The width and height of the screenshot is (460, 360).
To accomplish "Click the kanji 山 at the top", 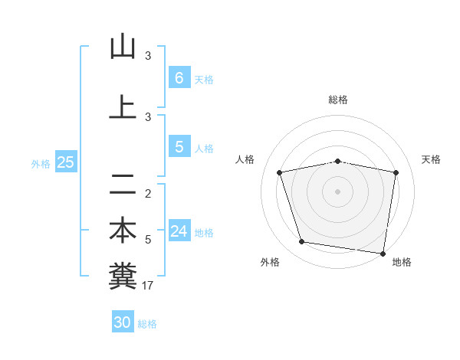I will pos(123,47).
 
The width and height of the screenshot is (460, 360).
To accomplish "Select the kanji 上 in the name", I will pos(123,108).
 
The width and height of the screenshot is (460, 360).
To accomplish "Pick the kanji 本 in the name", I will pos(123,231).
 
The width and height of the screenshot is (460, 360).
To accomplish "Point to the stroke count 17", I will pos(148,286).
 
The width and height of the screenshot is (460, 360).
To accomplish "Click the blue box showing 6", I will pos(179,77).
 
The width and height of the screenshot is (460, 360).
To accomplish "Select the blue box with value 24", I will pos(179,231).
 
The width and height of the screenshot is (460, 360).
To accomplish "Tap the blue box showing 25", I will pos(65,162).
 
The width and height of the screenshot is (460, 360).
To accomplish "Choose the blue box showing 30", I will pos(123,322).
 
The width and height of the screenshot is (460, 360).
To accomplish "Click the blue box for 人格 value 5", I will pos(179,147).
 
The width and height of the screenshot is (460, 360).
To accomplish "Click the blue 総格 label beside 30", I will pos(147,324).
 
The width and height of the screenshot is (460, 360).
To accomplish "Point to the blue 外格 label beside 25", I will pos(41,163).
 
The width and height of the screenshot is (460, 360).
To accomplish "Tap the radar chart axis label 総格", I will pos(337,100).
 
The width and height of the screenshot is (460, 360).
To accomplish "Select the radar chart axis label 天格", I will pos(432,159).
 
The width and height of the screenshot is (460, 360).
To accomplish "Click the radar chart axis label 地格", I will pos(402,262).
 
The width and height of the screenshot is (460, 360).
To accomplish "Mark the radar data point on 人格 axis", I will pos(280,172).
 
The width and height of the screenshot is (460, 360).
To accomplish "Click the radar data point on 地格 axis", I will pos(383,253).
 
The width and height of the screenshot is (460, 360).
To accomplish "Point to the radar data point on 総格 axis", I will pos(337,161).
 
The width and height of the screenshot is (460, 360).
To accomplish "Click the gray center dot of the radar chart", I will pos(337,191).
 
